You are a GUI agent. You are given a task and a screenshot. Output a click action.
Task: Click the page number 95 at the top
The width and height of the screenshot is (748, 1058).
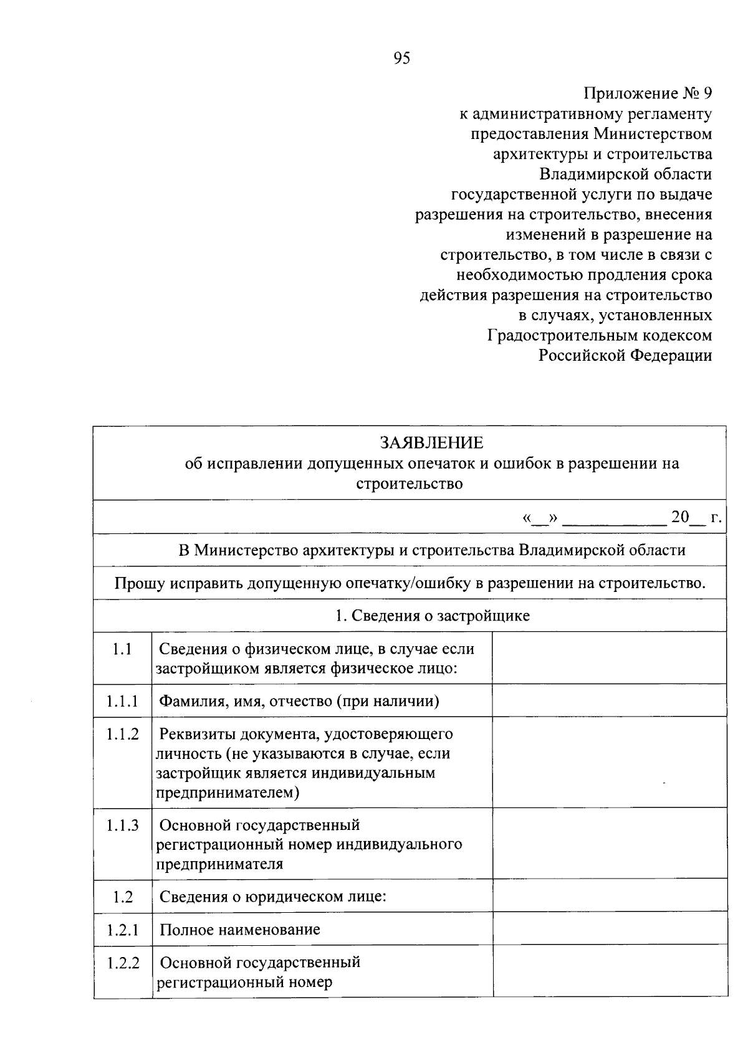tap(402, 59)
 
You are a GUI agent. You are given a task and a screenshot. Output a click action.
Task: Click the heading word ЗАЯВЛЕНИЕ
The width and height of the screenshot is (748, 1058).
tap(432, 442)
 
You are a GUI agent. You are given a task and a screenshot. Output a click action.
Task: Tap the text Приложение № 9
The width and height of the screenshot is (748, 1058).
tap(647, 93)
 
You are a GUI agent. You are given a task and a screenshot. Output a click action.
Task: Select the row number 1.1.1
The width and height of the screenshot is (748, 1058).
tap(122, 701)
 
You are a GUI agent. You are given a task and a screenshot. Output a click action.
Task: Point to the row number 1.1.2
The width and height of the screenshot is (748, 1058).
tap(122, 734)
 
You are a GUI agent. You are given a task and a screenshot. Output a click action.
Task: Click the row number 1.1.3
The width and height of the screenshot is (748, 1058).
tap(122, 825)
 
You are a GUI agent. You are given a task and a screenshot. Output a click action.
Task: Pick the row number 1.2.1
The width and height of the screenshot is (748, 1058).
tap(122, 930)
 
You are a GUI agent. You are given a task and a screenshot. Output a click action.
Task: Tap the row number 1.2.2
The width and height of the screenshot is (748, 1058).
tap(123, 962)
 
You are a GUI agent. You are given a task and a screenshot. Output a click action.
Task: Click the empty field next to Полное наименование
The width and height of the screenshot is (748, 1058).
tap(610, 929)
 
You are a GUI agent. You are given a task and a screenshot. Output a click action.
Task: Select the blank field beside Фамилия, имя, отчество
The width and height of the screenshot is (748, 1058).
tap(610, 700)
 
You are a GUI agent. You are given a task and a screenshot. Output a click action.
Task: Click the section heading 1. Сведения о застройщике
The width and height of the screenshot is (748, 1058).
tap(433, 616)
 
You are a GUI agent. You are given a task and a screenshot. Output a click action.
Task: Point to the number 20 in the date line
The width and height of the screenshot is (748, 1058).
tap(680, 517)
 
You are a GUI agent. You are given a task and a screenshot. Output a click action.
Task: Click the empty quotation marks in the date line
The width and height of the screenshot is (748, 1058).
tap(540, 518)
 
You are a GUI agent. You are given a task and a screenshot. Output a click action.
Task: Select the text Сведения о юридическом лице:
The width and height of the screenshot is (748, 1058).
tap(273, 897)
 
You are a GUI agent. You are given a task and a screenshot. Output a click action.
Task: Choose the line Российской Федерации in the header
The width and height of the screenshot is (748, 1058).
tap(625, 355)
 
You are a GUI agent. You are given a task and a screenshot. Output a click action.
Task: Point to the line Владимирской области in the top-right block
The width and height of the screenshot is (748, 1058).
tap(625, 174)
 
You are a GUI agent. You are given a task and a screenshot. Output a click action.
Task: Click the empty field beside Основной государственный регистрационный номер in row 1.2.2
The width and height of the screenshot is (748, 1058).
tap(610, 971)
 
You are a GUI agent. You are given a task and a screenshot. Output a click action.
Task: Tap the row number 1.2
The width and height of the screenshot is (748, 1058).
tap(123, 897)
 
